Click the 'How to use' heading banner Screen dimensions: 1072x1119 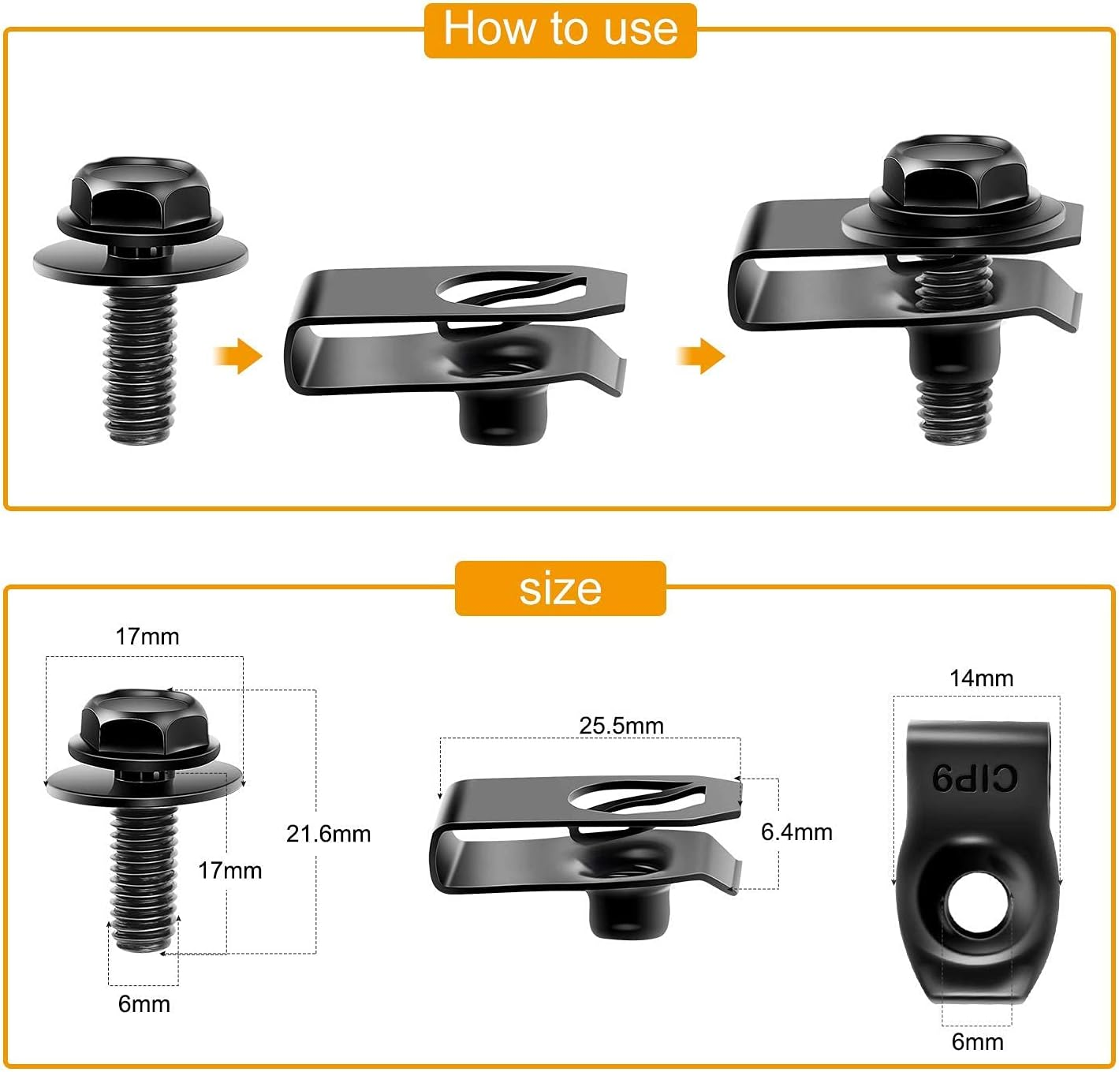click(x=560, y=30)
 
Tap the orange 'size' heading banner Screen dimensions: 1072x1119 click(x=560, y=588)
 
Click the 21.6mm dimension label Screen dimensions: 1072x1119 click(x=328, y=834)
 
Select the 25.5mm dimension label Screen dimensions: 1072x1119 click(x=621, y=726)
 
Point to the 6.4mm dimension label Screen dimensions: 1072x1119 click(x=796, y=832)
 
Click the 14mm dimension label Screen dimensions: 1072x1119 click(x=981, y=678)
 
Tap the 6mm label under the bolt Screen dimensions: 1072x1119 click(x=144, y=1004)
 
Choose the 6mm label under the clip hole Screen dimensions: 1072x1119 click(x=977, y=1042)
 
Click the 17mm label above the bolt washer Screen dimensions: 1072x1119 click(x=147, y=637)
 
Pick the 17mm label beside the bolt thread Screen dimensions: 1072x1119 click(x=229, y=871)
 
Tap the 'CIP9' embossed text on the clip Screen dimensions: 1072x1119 click(x=975, y=779)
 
